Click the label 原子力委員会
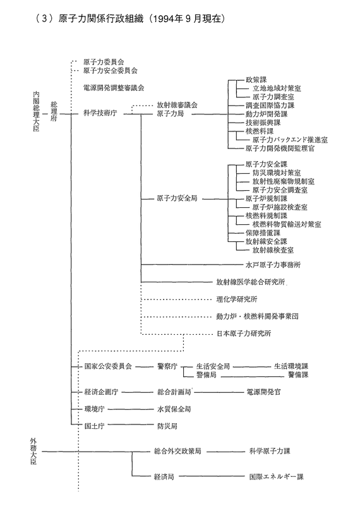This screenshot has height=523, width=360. (x=104, y=62)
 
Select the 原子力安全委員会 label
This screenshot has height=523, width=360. (x=110, y=71)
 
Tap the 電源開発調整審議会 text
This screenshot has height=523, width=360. (x=114, y=88)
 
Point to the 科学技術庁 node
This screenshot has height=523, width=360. (x=100, y=114)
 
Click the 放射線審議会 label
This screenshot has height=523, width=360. (x=177, y=105)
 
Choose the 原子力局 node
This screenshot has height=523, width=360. (x=170, y=114)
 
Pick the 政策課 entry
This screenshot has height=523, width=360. (x=256, y=80)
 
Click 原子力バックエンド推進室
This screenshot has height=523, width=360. (x=290, y=140)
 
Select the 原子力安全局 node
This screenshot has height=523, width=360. (x=177, y=198)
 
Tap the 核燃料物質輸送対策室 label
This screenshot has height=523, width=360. (x=287, y=224)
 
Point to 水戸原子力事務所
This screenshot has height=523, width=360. (x=273, y=265)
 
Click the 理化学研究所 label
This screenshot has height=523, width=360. (x=237, y=299)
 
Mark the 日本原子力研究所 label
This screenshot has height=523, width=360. (x=244, y=334)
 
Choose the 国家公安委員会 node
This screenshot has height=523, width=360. (x=108, y=366)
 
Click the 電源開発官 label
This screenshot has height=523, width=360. (x=263, y=392)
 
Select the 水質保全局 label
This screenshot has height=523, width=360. (x=174, y=409)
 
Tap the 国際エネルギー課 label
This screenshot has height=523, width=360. (x=276, y=477)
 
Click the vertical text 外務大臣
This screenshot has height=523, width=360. (x=33, y=452)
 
